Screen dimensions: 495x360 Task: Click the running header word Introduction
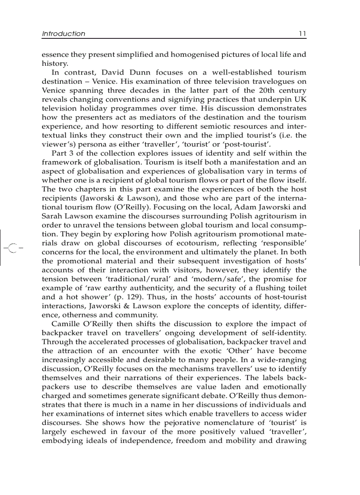pyautogui.click(x=64, y=33)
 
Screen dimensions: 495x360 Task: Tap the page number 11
pyautogui.click(x=302, y=33)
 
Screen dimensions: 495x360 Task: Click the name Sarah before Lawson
pyautogui.click(x=52, y=216)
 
